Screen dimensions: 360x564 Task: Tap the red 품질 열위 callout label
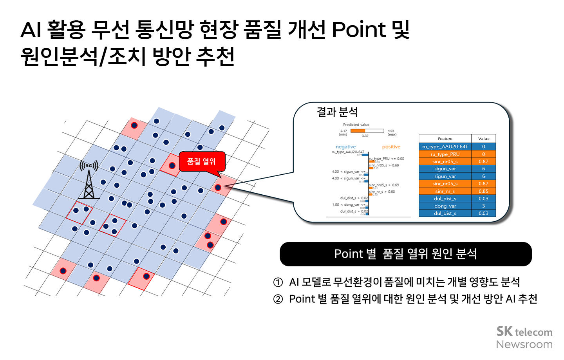click(202, 161)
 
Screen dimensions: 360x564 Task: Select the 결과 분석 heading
click(337, 112)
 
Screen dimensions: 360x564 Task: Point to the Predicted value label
click(356, 125)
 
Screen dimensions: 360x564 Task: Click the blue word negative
click(345, 147)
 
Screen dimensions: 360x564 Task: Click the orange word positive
click(391, 147)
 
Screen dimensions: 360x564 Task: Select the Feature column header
click(445, 139)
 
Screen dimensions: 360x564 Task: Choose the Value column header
click(484, 139)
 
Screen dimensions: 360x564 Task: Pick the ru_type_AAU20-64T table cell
click(445, 147)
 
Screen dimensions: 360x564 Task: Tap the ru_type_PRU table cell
click(445, 154)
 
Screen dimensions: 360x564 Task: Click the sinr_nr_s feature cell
click(445, 191)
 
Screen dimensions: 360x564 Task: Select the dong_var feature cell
click(445, 206)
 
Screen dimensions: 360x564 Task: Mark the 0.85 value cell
click(483, 191)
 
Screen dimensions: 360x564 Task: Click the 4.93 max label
click(391, 132)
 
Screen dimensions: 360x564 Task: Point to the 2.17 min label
click(343, 132)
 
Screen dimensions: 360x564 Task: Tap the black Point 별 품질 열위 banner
click(405, 254)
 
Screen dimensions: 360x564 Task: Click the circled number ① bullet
click(278, 282)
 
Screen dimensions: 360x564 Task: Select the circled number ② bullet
click(278, 299)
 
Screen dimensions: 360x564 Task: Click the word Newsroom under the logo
click(524, 344)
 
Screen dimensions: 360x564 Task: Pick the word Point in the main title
click(359, 30)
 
